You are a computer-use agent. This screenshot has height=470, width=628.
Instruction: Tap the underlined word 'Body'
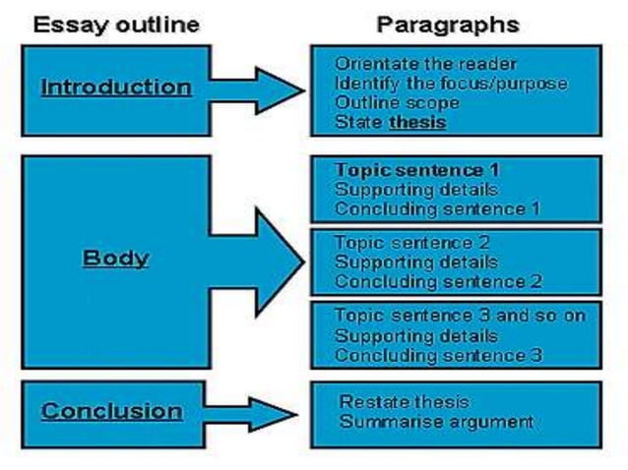coord(115,259)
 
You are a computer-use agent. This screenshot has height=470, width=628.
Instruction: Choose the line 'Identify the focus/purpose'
coord(451,84)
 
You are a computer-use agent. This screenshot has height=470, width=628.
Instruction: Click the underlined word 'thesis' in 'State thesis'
coord(417,123)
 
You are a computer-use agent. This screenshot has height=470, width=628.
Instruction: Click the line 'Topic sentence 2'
coord(399,243)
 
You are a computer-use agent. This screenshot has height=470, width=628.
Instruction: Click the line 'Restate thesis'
coord(404,402)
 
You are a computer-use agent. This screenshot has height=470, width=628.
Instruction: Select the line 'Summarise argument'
coord(436,422)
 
